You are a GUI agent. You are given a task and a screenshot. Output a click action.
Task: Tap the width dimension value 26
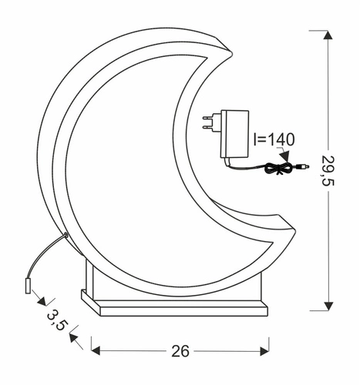[x=180, y=351]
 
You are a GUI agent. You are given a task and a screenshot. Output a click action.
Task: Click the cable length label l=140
[x=274, y=139]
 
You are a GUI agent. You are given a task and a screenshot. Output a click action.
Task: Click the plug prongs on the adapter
[x=208, y=121]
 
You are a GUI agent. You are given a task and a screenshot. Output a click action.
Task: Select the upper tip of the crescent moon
[x=224, y=48]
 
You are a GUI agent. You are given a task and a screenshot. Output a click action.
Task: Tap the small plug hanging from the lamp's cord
[x=28, y=286]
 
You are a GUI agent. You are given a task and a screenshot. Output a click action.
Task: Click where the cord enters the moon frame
[x=66, y=236]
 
